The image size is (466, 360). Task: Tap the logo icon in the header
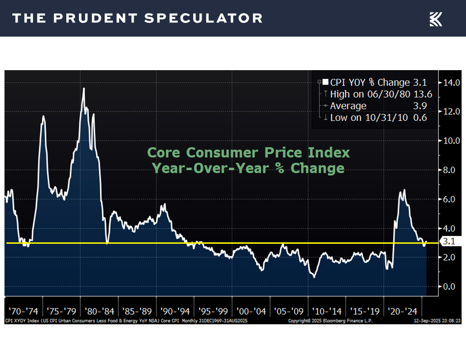pos(436,19)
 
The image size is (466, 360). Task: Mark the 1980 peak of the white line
pos(84,89)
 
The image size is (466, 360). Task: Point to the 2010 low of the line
pos(314,277)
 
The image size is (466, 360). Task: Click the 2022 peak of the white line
pos(404,190)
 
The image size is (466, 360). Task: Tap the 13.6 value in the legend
pos(423,94)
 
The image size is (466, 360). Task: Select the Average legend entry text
pos(348,106)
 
